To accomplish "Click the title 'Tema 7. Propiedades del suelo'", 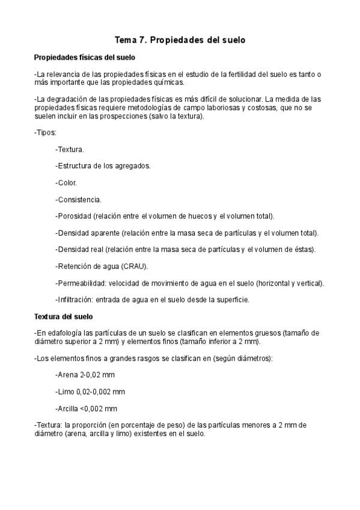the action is (x=180, y=40).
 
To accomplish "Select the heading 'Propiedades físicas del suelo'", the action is (x=85, y=58).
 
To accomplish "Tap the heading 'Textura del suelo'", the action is (x=63, y=316).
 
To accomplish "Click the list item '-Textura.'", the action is (x=69, y=149).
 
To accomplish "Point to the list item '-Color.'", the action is (x=66, y=182).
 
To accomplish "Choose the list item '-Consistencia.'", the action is (x=78, y=199).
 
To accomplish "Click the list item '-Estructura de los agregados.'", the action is (x=102, y=165).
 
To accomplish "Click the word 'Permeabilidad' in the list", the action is (x=81, y=283).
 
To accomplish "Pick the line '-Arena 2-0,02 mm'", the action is (x=85, y=375).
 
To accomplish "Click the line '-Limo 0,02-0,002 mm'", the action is (x=90, y=392).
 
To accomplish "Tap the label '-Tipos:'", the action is (x=45, y=132).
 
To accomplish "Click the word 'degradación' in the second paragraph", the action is (x=66, y=99).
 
